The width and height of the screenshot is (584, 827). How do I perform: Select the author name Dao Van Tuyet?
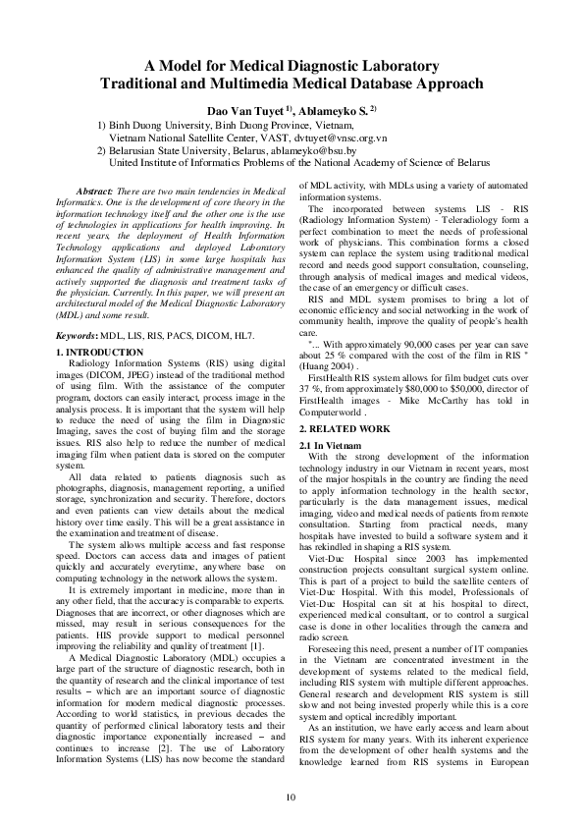point(243,110)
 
